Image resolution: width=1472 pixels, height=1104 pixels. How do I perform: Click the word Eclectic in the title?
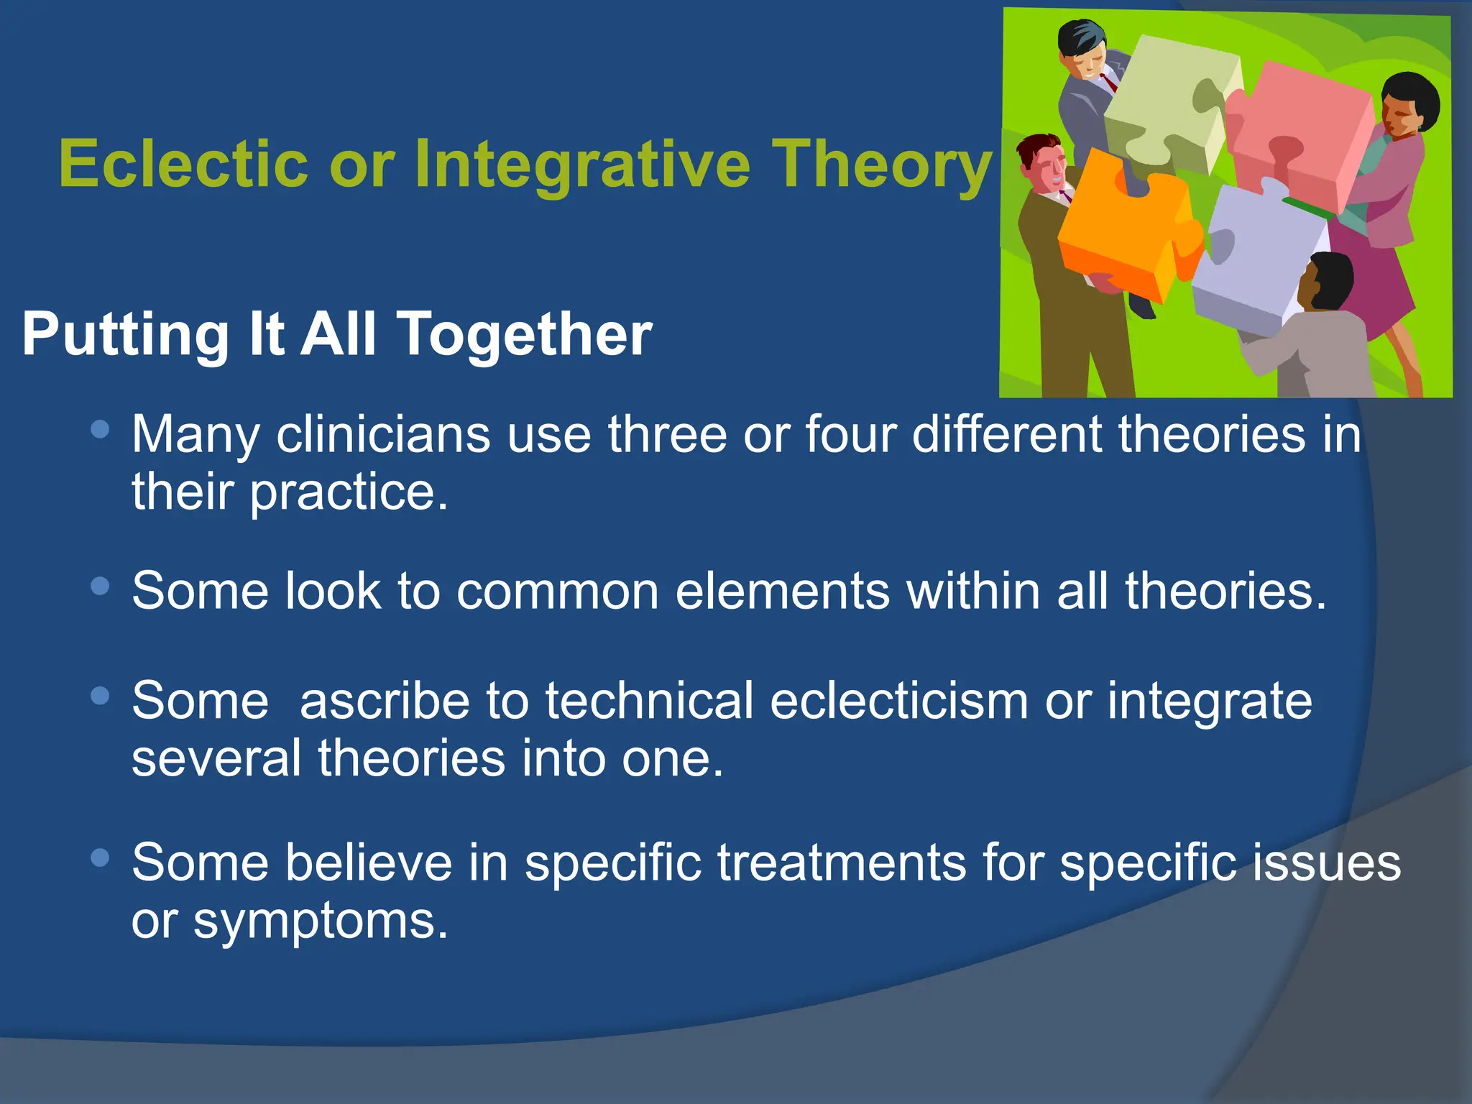[183, 164]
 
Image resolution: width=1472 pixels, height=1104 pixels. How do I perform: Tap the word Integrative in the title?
[582, 164]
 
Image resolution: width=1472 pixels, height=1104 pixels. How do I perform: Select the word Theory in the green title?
[882, 164]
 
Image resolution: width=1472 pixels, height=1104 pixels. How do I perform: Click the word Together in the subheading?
[524, 334]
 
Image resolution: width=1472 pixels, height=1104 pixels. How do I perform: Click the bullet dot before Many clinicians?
[101, 430]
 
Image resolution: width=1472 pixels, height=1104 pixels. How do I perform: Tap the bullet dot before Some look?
[101, 586]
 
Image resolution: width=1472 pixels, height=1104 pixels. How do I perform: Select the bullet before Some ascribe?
[101, 696]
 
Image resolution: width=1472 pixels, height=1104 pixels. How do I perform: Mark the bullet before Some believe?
[101, 857]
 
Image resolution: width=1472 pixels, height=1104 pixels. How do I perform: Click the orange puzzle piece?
[1121, 230]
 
